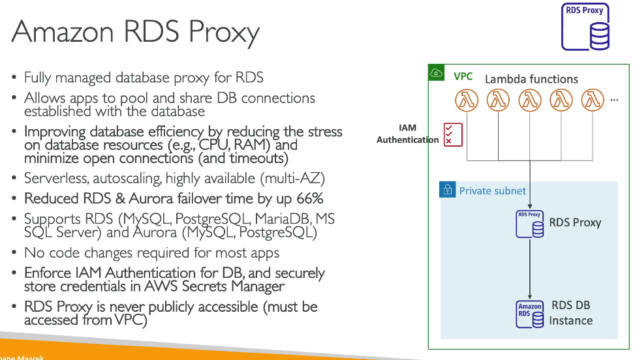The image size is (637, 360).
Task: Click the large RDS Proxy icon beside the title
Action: click(585, 27)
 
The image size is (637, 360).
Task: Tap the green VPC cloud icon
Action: click(437, 73)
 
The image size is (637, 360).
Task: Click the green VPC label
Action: click(463, 76)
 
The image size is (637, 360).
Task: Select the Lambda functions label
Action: click(531, 79)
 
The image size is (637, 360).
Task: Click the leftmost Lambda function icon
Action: click(467, 100)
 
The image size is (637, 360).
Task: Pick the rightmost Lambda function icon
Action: click(593, 100)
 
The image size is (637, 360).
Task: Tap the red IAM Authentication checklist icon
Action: click(453, 135)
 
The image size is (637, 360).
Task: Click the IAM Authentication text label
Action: click(407, 134)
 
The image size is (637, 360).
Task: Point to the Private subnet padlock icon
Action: click(447, 190)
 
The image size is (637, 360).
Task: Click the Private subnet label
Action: click(492, 190)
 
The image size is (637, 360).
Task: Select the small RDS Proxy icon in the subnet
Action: click(530, 224)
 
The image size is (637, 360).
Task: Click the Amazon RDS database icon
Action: click(530, 314)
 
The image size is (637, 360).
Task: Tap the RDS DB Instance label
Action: click(571, 313)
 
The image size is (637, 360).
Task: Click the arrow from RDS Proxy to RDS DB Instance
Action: click(530, 269)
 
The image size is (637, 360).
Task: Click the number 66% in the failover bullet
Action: click(310, 198)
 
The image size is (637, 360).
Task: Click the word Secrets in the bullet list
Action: click(204, 286)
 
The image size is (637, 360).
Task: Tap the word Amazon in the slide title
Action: click(63, 31)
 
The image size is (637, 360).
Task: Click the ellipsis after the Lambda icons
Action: click(614, 100)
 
